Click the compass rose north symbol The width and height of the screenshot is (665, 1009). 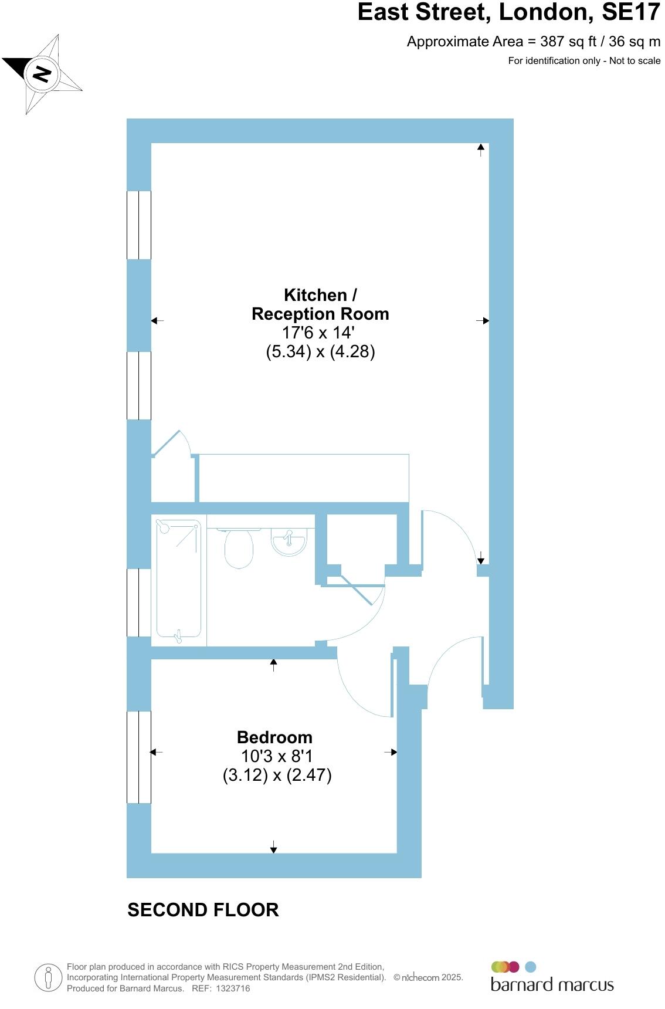(x=42, y=75)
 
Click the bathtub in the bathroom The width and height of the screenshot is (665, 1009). (x=179, y=580)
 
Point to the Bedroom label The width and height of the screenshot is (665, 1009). (x=274, y=737)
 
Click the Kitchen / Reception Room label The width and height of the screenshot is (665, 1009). (x=320, y=304)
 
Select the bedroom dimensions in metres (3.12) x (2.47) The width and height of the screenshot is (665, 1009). (x=277, y=776)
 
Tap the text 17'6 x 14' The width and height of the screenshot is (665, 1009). (x=318, y=333)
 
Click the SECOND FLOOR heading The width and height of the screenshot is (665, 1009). (x=203, y=910)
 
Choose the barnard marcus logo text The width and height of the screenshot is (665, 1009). (x=552, y=984)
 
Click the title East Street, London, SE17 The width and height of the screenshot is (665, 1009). (x=508, y=12)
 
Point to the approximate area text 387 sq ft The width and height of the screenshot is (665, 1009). (x=534, y=42)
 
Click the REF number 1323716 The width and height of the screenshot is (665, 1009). (x=233, y=988)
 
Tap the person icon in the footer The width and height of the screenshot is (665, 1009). (x=48, y=978)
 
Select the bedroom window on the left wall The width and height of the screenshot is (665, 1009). (x=139, y=757)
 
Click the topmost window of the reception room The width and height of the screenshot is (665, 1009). (x=139, y=225)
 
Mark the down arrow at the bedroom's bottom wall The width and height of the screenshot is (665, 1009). (x=273, y=847)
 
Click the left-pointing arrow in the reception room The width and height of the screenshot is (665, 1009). (x=157, y=321)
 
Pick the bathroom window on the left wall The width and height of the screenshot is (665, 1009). (x=139, y=602)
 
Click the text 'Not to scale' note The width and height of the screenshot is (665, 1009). (x=635, y=61)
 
